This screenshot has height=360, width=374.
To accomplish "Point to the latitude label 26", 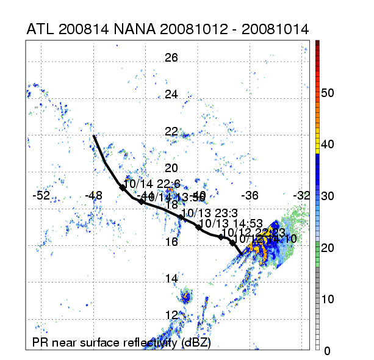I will coord(171,58).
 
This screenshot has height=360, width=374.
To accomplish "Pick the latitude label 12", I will coord(171,315).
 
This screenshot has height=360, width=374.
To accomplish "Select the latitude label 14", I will coord(171,278).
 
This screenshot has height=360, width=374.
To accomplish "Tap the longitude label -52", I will coord(41,195).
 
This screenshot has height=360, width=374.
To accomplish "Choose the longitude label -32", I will coord(302,195).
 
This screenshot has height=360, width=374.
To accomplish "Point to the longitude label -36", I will coord(250,195).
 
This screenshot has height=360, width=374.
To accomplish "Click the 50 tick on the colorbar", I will coord(328,93).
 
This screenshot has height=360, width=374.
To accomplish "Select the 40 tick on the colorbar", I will coord(328,145).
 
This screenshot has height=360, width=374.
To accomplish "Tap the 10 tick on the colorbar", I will coord(328,299).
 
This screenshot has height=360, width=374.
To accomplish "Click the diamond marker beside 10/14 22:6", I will coord(122,188).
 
